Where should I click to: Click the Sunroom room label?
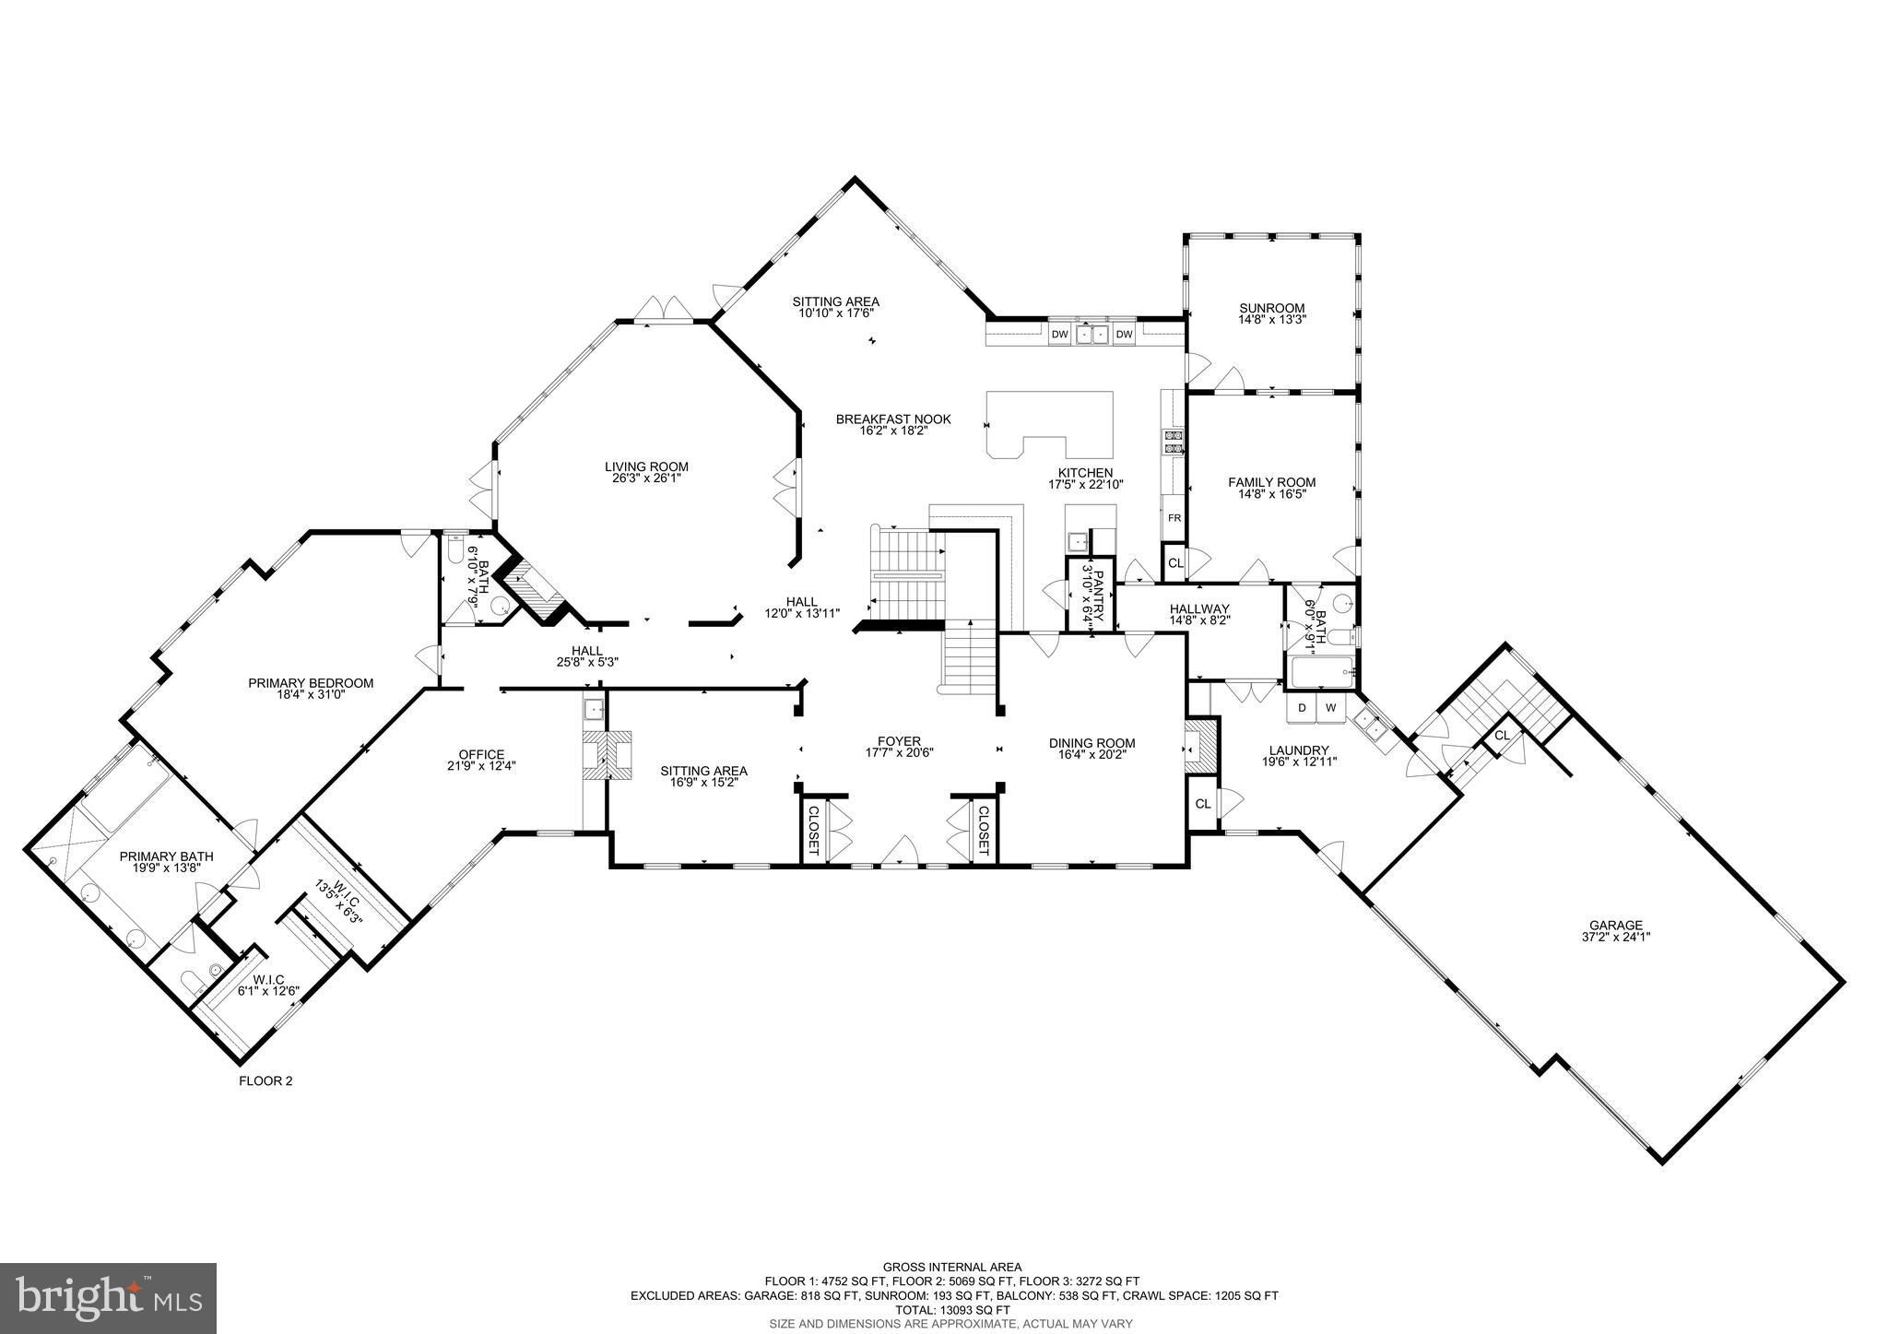tap(1272, 308)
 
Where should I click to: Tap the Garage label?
tap(1616, 926)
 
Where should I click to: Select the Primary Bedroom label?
tap(311, 683)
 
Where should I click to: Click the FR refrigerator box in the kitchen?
tap(1174, 518)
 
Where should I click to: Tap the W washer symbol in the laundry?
tap(1330, 708)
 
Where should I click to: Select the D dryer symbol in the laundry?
tap(1302, 708)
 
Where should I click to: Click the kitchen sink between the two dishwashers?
tap(1091, 334)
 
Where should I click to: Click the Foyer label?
tap(899, 741)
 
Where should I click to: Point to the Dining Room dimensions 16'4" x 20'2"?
tap(1091, 754)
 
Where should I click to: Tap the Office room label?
tap(482, 754)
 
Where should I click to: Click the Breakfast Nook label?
tap(893, 419)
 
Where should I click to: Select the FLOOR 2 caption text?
tap(265, 1081)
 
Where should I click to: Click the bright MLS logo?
tap(109, 1298)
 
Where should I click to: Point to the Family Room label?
tap(1271, 482)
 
